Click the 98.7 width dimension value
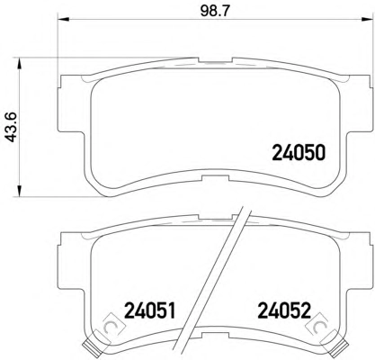tap(215, 12)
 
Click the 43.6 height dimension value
tap(13, 127)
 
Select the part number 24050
tap(299, 153)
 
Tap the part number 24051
tap(149, 310)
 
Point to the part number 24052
tap(284, 310)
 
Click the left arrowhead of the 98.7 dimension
tap(63, 20)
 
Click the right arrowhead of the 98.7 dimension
tap(364, 20)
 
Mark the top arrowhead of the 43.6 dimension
tap(19, 64)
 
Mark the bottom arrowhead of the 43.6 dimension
tap(19, 191)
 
